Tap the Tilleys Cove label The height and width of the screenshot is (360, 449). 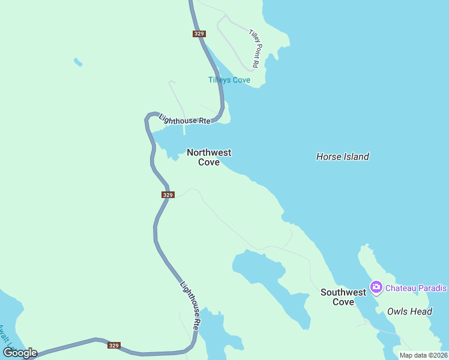point(229,80)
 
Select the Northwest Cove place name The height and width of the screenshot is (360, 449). point(209,157)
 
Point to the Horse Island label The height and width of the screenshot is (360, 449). point(342,157)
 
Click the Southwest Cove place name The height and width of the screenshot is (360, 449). point(343,297)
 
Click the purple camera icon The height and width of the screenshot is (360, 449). point(376,287)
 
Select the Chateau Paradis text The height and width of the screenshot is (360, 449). point(416,288)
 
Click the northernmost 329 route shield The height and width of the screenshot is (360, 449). point(199,34)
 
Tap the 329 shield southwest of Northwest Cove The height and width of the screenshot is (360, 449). point(168,195)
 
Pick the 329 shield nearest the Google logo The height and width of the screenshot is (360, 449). point(114,346)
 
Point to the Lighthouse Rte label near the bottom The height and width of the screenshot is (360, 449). point(189,305)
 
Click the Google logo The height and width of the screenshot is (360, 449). point(20,353)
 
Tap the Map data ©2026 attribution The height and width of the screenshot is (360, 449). point(423,356)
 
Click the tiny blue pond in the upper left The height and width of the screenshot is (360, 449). point(77,61)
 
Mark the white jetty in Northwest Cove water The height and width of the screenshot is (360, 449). point(184,129)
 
